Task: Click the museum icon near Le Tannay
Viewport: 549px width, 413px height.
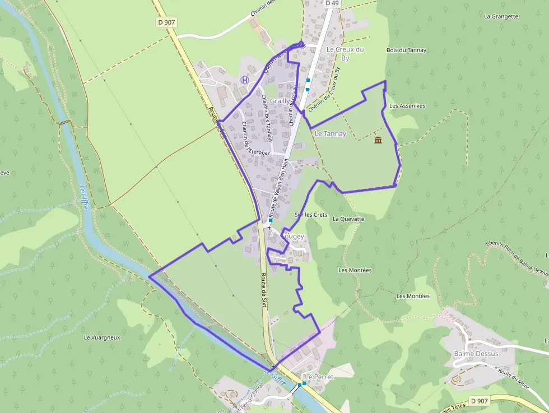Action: coord(378,140)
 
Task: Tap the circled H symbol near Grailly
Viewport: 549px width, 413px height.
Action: coord(244,80)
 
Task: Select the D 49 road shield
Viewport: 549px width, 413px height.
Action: coord(332,3)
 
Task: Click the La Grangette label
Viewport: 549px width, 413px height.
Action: coord(501,16)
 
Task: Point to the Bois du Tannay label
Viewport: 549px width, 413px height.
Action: coord(406,50)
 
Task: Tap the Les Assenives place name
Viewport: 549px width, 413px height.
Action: coord(407,105)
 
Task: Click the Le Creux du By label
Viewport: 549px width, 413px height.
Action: coord(345,53)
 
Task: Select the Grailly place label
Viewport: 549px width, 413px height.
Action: coord(280,101)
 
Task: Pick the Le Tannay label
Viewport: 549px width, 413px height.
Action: coord(331,134)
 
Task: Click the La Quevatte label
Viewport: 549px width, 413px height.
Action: coord(348,219)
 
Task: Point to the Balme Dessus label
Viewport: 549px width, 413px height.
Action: coord(476,354)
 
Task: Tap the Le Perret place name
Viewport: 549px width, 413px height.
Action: coord(319,377)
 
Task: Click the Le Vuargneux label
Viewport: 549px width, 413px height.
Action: coord(102,338)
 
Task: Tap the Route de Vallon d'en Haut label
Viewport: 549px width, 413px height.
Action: coord(278,188)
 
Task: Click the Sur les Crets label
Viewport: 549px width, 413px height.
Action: coord(311,215)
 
